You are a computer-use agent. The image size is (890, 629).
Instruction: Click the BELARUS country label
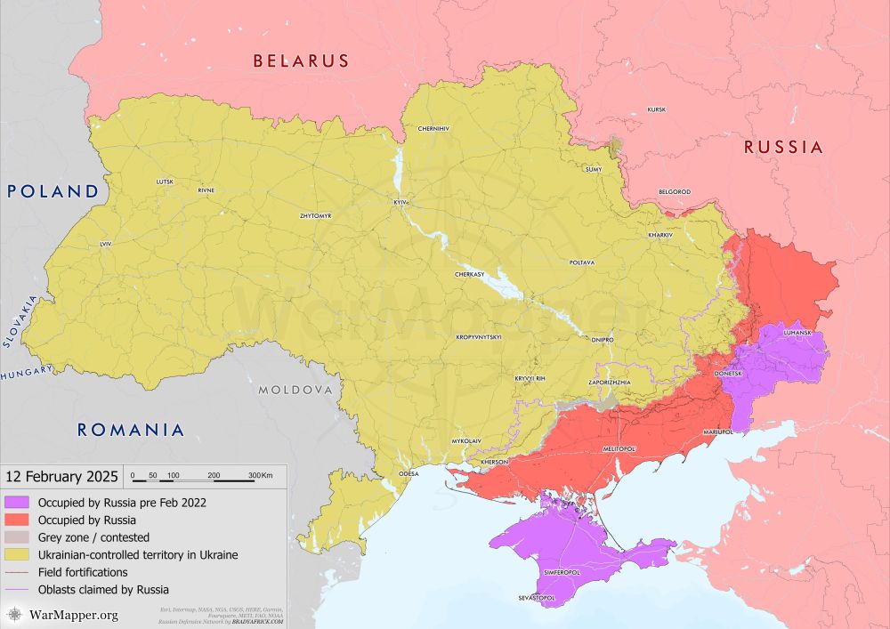tap(300, 61)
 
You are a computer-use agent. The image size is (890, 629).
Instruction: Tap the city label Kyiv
tap(400, 203)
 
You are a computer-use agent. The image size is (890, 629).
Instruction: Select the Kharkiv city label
tap(660, 234)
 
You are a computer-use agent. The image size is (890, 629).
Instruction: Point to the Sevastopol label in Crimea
tap(537, 599)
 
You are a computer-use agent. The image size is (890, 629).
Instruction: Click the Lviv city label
tap(106, 243)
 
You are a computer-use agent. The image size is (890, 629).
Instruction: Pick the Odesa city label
tap(409, 474)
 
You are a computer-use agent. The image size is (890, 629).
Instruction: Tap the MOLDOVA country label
tap(295, 391)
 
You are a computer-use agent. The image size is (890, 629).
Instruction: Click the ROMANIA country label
tap(131, 430)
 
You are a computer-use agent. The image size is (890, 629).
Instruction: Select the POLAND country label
tap(53, 191)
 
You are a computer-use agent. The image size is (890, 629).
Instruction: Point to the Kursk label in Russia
tap(657, 109)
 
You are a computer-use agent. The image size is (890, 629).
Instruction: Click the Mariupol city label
tap(717, 431)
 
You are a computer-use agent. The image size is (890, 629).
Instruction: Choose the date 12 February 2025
tap(60, 477)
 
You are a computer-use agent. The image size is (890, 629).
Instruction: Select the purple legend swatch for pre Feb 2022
tap(16, 503)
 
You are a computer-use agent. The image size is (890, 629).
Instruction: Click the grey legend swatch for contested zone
tap(16, 537)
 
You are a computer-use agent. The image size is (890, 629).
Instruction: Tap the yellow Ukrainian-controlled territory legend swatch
tap(16, 554)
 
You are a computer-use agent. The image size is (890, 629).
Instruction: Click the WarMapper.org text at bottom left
tap(73, 615)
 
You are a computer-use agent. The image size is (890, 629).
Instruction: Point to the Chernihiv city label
tap(433, 128)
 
